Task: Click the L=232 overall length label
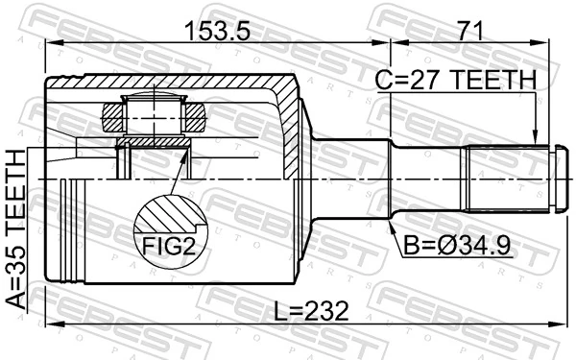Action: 307,311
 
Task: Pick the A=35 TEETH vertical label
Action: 17,226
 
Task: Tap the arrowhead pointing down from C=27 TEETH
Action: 535,139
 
